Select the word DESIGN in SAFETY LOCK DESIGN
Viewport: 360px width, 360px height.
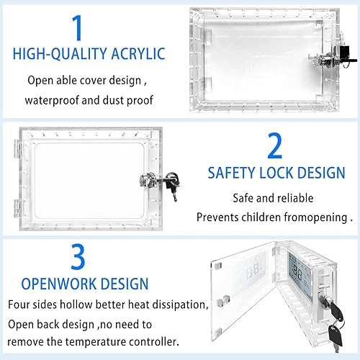coord(321,172)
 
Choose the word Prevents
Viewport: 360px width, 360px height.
coord(219,217)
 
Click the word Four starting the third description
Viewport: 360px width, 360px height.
coord(21,305)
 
